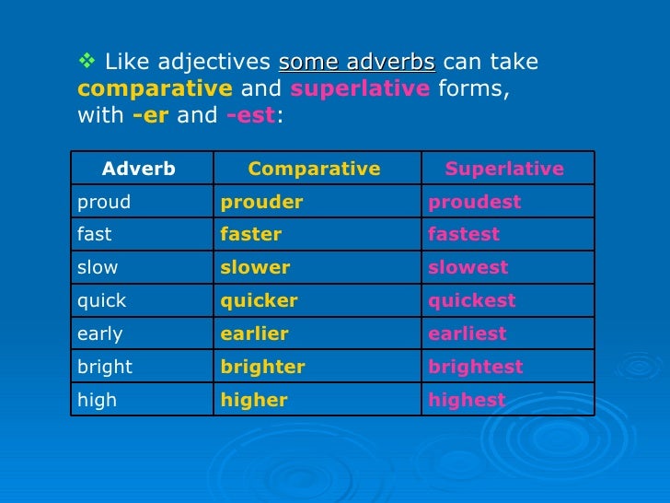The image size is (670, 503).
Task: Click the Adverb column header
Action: [x=139, y=169]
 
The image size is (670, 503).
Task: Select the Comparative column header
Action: [x=314, y=169]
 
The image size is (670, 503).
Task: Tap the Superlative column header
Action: [x=504, y=169]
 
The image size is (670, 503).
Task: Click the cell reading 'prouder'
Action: [x=261, y=202]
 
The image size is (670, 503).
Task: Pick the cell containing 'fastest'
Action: [x=464, y=235]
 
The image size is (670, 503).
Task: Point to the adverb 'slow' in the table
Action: [x=98, y=268]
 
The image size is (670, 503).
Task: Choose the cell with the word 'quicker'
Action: [x=260, y=301]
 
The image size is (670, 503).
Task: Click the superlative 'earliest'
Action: [x=468, y=334]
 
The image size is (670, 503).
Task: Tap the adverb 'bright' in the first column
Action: [x=105, y=367]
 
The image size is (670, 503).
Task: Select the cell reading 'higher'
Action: [x=254, y=400]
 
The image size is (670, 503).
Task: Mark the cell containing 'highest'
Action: [x=467, y=400]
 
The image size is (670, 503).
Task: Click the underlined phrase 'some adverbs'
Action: [x=357, y=63]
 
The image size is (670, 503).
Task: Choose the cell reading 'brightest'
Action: [x=475, y=367]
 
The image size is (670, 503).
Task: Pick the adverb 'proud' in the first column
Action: [x=104, y=202]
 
